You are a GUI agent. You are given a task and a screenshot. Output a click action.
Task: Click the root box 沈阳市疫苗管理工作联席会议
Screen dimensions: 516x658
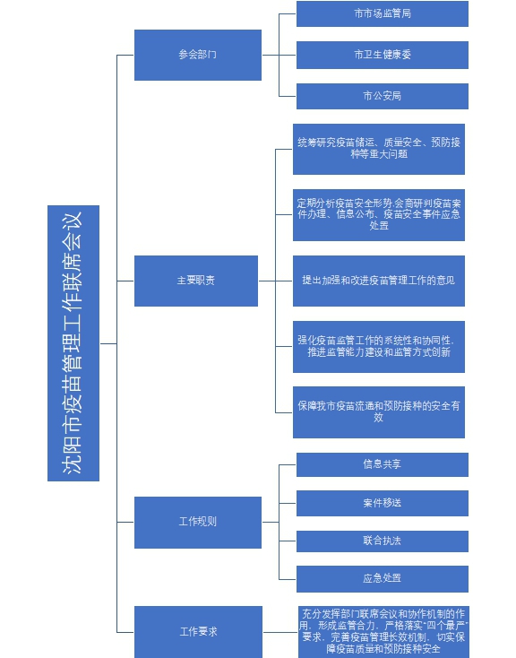[x=73, y=342]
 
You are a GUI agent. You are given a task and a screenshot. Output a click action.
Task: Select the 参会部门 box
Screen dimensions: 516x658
[x=198, y=55]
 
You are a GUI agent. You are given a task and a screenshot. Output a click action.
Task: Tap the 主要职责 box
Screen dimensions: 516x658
[x=196, y=281]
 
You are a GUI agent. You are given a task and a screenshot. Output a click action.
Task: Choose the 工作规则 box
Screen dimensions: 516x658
[x=198, y=523]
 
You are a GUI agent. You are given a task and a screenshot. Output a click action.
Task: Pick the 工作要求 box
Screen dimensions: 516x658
[x=198, y=632]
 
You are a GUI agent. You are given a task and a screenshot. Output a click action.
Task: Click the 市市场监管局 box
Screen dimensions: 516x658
[x=383, y=13]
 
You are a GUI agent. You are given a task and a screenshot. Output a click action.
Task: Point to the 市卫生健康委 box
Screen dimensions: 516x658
[x=383, y=55]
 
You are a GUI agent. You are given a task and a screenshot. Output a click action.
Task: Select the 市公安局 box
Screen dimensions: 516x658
[x=383, y=96]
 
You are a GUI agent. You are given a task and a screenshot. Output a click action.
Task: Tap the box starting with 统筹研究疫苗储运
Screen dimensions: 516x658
[x=379, y=149]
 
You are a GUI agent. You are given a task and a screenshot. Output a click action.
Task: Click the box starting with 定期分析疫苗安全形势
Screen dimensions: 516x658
[x=379, y=215]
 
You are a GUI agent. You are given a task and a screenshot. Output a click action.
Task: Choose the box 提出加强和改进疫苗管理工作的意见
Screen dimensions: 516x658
[x=379, y=281]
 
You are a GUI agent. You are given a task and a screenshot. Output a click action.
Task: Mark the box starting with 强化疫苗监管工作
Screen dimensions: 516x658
[x=379, y=347]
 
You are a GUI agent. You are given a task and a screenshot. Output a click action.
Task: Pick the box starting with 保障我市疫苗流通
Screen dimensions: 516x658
[x=379, y=412]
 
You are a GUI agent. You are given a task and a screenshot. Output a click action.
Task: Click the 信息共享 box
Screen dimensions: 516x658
[x=383, y=464]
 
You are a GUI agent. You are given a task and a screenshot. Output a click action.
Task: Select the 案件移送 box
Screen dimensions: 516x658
[x=383, y=503]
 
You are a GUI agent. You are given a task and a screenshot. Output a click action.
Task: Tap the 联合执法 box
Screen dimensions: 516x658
[x=383, y=541]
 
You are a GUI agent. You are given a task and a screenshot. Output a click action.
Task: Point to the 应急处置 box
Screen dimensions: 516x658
[x=383, y=579]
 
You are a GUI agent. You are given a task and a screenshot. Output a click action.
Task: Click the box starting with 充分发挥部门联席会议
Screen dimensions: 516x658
[x=383, y=632]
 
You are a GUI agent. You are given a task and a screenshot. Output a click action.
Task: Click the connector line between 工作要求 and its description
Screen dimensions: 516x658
[x=280, y=632]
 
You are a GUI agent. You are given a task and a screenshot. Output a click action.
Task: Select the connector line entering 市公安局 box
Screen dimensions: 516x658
[x=288, y=96]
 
